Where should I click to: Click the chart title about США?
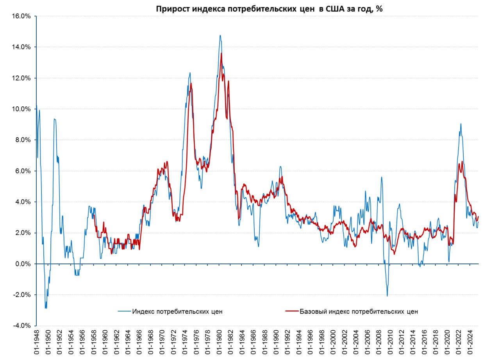pos(269,9)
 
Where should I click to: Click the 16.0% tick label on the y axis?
pos(22,16)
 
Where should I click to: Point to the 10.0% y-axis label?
pos(22,109)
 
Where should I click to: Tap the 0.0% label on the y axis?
pos(23,264)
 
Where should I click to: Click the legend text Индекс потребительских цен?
pos(177,312)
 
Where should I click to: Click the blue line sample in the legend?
pos(124,312)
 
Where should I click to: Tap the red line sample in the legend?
pos(291,312)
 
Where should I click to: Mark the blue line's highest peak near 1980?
pos(220,36)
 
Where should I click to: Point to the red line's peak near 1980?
pos(221,53)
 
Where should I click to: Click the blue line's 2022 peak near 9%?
pos(461,124)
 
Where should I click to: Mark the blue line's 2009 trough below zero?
pos(387,296)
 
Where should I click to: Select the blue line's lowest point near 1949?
pos(46,308)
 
